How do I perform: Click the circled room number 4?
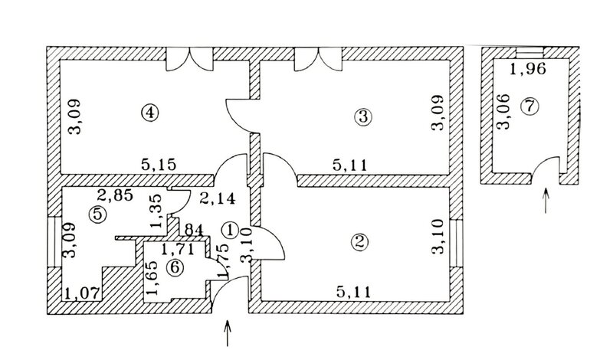pyautogui.click(x=151, y=113)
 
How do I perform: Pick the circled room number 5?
pyautogui.click(x=97, y=214)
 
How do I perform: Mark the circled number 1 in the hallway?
pyautogui.click(x=229, y=228)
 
